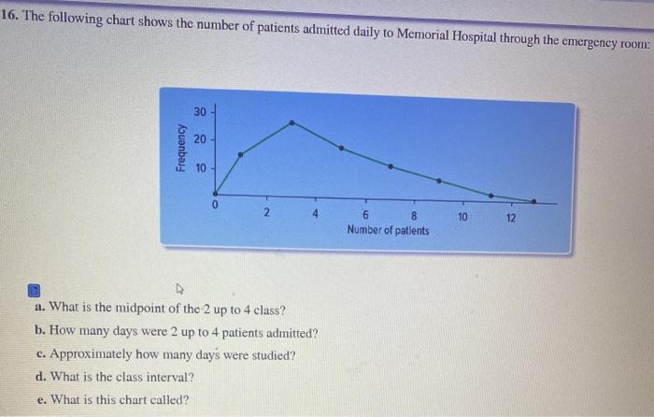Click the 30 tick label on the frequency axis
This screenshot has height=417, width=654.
pos(199,112)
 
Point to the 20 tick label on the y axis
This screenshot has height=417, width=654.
pos(199,140)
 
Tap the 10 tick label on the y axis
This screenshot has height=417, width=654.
pos(199,169)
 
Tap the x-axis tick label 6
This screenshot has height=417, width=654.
pos(364,215)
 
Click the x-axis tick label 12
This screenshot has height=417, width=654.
pos(510,217)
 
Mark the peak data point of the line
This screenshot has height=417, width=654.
pos(292,122)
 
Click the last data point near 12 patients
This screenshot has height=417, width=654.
pos(534,201)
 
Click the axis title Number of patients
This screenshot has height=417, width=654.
pos(388,230)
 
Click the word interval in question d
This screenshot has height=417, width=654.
pos(169,378)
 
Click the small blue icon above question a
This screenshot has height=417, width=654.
pos(35,286)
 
